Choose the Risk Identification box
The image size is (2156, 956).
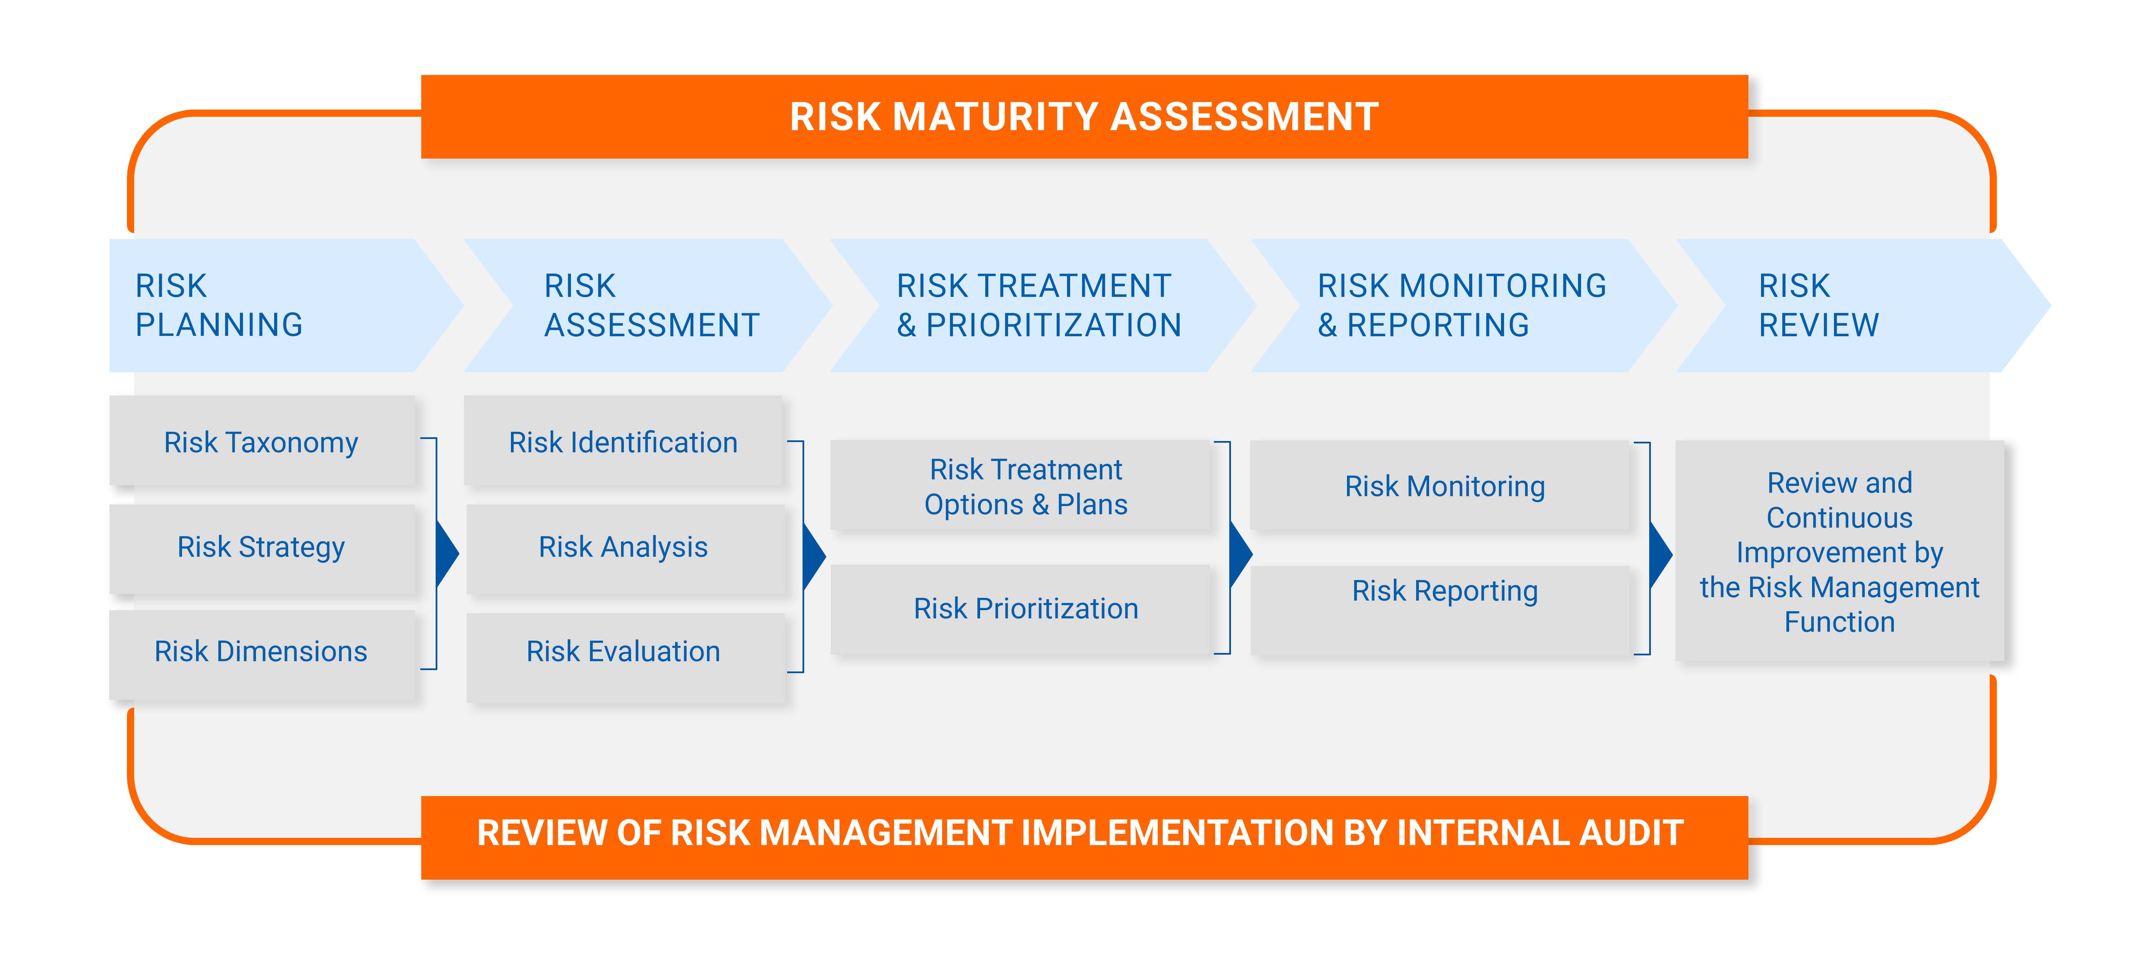(x=624, y=441)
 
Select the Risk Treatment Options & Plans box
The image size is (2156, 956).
(x=1021, y=486)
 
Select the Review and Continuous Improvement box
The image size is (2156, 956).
(x=1840, y=551)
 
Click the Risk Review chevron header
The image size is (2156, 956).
(x=1864, y=305)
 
